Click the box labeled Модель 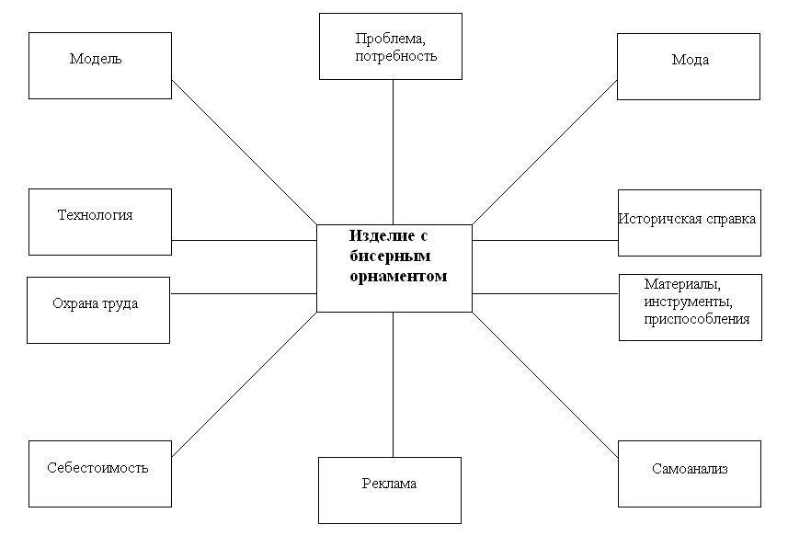(99, 65)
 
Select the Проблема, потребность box (390, 46)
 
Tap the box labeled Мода (688, 66)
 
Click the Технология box (99, 222)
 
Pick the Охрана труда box (97, 310)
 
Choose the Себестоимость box (99, 473)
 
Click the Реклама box (389, 490)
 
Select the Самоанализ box (689, 473)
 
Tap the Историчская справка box (689, 222)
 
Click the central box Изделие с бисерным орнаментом (394, 268)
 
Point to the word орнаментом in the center (398, 276)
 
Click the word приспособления (697, 319)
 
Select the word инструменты (688, 302)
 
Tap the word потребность (395, 56)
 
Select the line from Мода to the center (543, 152)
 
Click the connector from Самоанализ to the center (544, 384)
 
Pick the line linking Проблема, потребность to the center (394, 152)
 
